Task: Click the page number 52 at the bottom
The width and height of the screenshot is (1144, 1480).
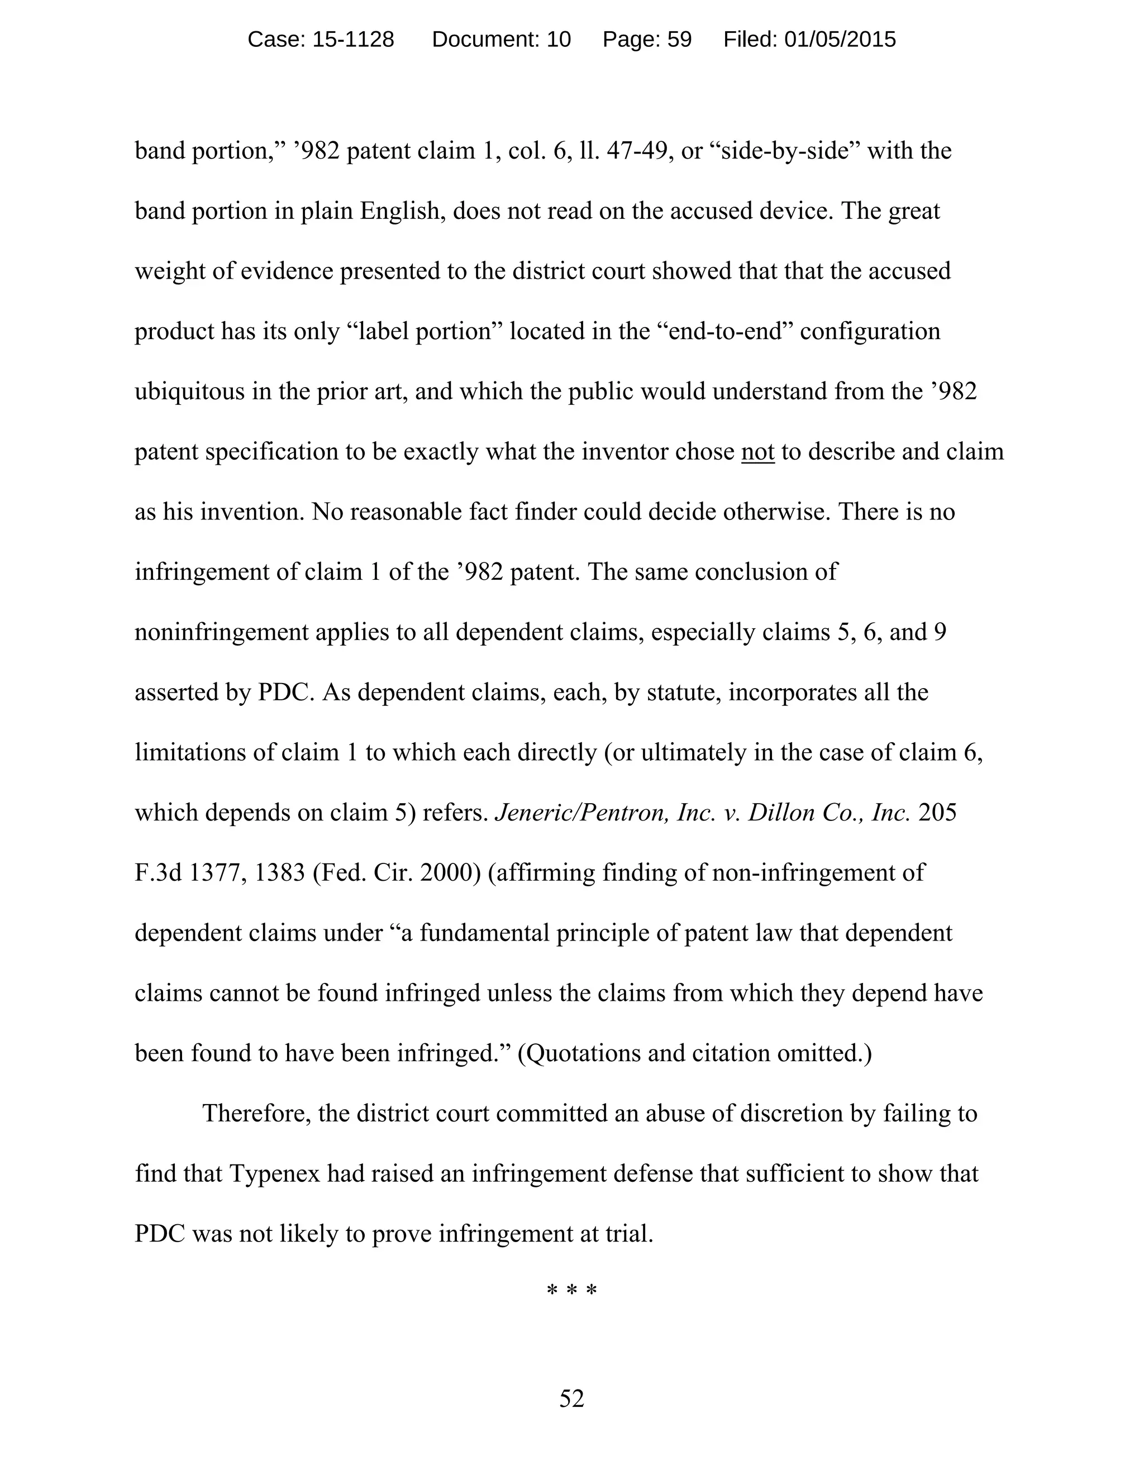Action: [571, 1398]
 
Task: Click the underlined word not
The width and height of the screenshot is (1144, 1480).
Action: [757, 451]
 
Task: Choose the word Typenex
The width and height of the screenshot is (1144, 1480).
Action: [274, 1173]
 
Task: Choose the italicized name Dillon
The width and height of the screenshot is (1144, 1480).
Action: [781, 813]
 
